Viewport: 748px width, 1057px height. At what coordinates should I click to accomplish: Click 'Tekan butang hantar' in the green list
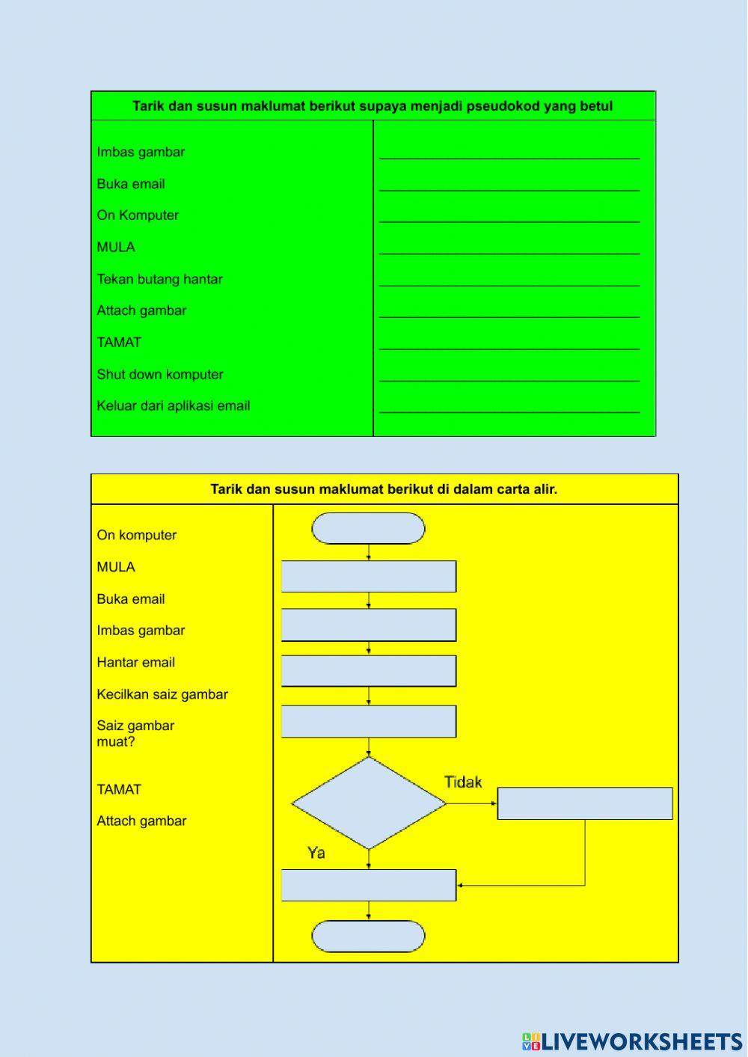[159, 279]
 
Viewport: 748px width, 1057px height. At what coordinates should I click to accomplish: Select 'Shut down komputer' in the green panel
[159, 374]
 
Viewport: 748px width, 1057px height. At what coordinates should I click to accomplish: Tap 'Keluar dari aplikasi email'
[173, 405]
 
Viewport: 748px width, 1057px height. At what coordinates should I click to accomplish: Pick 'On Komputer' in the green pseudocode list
[138, 215]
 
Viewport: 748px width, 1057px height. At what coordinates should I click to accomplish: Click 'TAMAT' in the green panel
[119, 342]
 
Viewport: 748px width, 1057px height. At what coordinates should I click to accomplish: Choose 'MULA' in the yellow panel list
[116, 567]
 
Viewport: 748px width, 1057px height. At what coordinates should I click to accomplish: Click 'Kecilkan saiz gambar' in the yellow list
[162, 694]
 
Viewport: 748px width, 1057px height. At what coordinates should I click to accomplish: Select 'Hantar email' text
[135, 662]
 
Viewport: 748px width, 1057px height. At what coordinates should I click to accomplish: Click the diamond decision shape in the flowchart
[369, 803]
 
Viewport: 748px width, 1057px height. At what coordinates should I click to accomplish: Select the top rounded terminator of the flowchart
[368, 528]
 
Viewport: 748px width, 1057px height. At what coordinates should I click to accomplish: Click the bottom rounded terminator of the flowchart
[368, 936]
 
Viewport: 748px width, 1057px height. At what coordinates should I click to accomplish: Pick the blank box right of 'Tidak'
[585, 803]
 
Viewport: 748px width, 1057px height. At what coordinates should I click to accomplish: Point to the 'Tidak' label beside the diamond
[463, 782]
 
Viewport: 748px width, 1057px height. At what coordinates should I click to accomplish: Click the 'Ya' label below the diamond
[316, 853]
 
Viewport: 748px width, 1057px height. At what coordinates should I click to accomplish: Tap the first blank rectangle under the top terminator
[369, 577]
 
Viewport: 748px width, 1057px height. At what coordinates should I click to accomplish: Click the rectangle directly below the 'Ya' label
[369, 885]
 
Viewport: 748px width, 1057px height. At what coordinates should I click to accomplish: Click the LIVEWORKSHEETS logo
[632, 1041]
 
